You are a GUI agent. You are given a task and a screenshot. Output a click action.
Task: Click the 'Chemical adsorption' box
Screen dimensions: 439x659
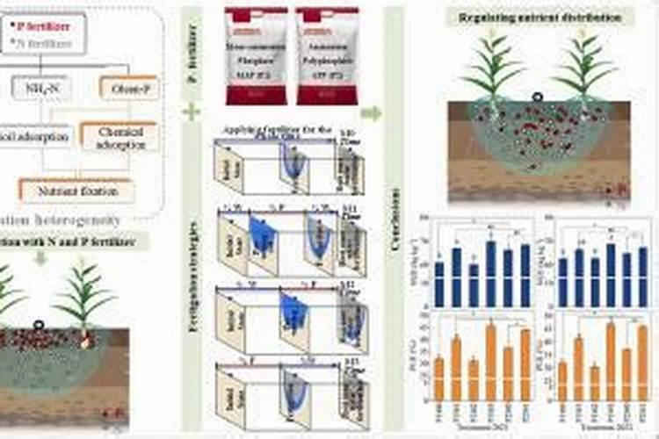point(119,137)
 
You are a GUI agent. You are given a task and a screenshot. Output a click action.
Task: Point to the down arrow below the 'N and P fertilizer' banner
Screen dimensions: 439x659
point(40,257)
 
